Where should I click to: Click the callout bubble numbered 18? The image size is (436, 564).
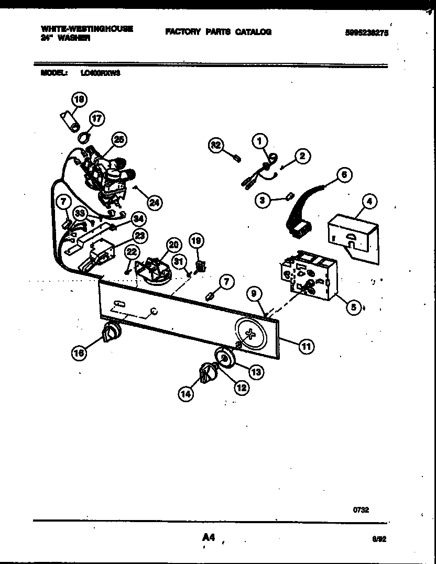(80, 99)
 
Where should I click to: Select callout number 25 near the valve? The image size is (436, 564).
(119, 140)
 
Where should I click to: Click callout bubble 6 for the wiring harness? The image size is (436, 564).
(344, 175)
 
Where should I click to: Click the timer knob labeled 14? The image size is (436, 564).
(207, 375)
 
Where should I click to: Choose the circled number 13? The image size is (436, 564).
(255, 372)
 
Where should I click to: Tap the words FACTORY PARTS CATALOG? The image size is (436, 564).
(219, 32)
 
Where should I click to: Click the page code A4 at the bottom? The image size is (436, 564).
(208, 537)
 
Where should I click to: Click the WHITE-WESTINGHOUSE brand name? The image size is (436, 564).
(86, 29)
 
